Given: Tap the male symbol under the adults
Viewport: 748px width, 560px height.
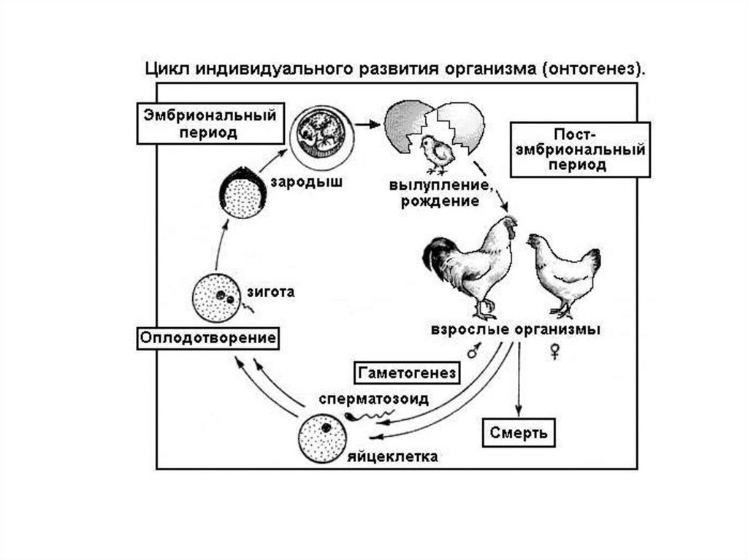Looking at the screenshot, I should pos(472,352).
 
